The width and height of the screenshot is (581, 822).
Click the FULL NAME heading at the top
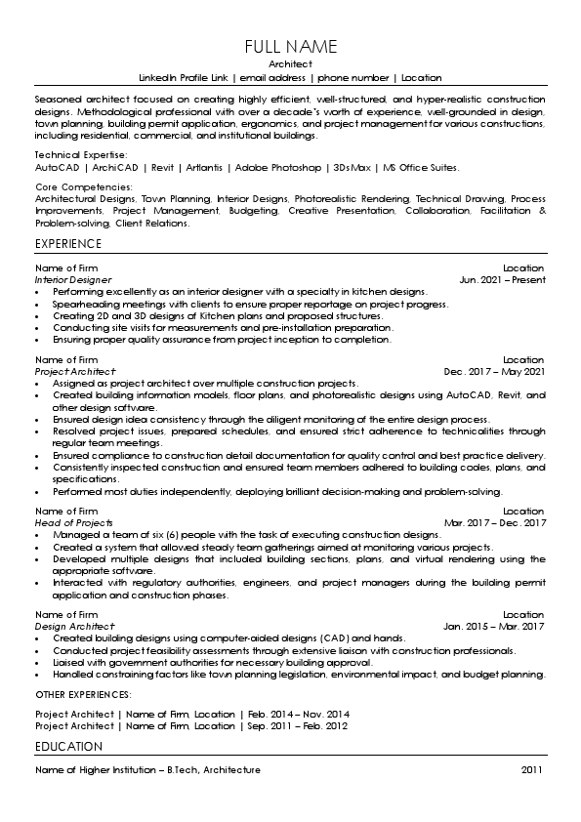[290, 47]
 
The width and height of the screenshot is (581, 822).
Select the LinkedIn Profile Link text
[185, 77]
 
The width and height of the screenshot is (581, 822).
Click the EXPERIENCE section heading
[68, 243]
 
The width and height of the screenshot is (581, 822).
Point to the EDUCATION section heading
[68, 747]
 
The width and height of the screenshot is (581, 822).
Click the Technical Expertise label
[80, 155]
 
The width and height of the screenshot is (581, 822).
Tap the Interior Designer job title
[73, 279]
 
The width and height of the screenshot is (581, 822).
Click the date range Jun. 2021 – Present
[502, 279]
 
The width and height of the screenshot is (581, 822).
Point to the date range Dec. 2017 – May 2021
[494, 372]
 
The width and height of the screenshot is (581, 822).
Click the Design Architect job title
[74, 626]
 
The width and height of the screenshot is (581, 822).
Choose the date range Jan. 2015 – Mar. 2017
[494, 626]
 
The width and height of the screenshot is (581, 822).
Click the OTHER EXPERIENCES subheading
[83, 694]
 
